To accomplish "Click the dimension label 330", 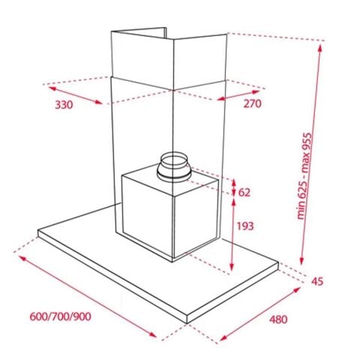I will point(64,104).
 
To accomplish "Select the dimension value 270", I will point(252,103).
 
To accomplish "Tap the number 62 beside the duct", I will point(244,192).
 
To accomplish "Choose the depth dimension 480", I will point(277,319).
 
